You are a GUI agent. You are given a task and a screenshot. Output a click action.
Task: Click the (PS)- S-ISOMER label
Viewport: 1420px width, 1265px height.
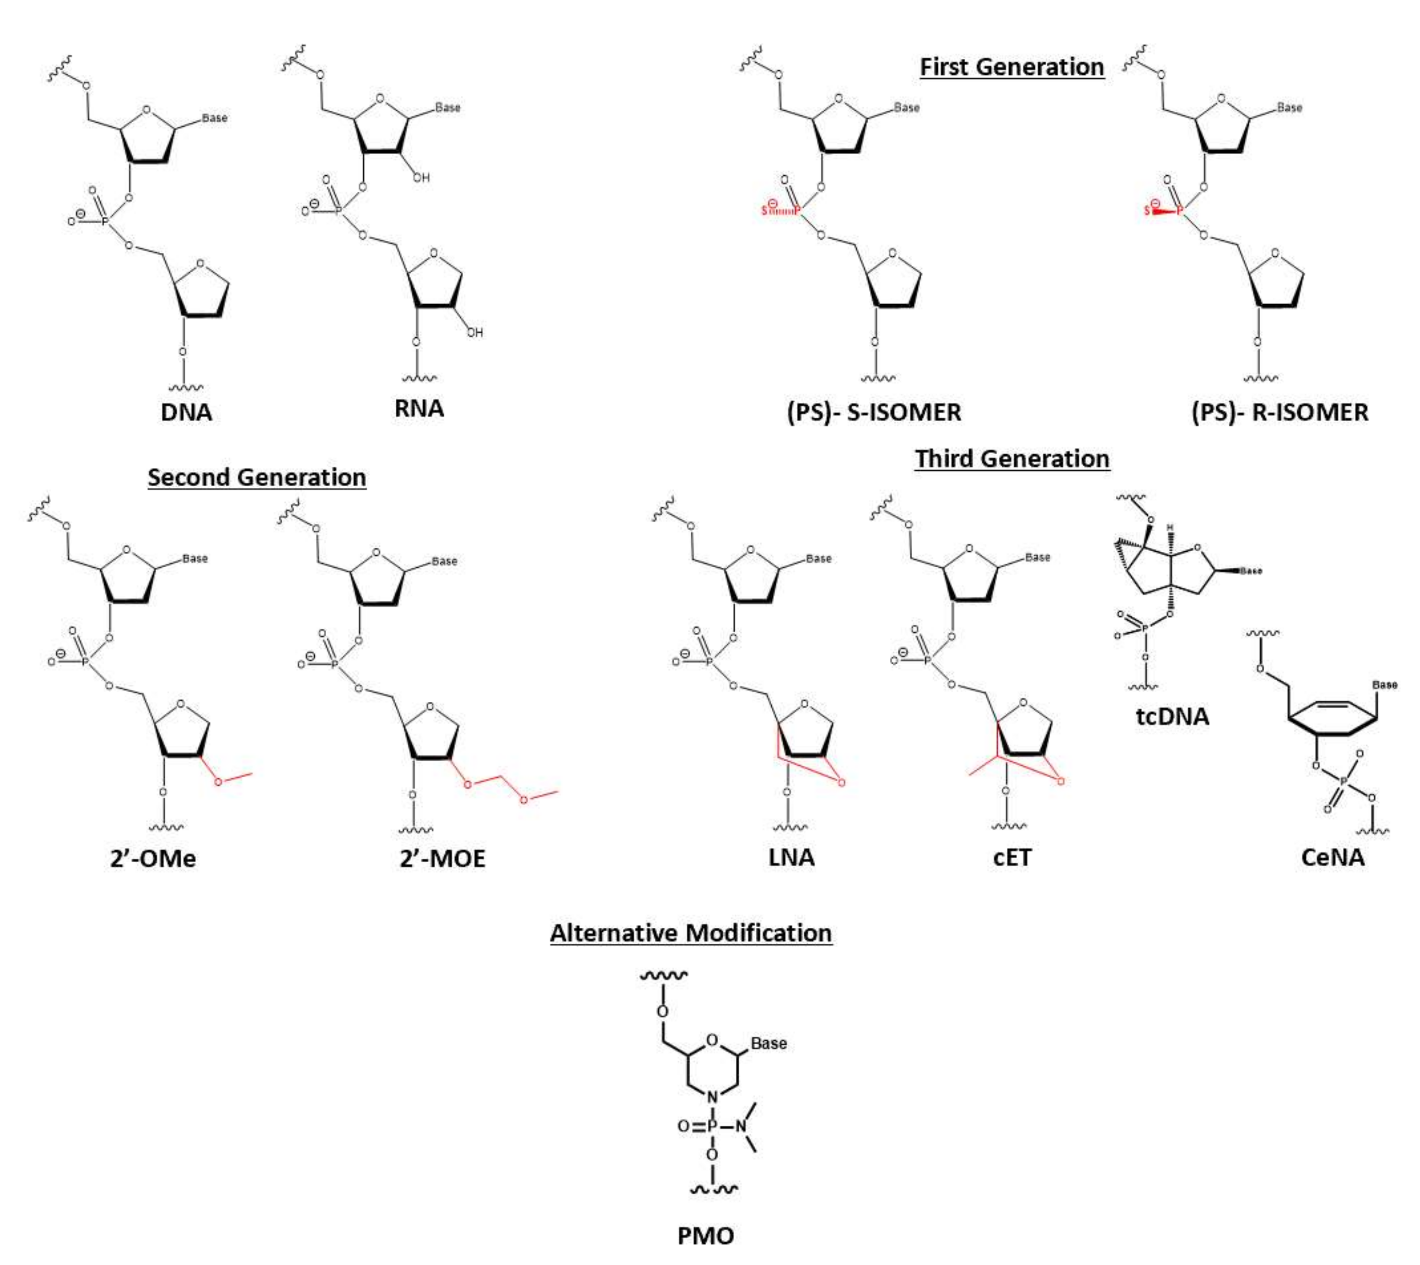[874, 412]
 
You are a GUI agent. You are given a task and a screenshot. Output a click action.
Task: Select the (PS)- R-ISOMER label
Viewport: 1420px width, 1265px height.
[1280, 412]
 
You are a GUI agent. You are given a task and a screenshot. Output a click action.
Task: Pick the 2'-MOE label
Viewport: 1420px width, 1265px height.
[442, 859]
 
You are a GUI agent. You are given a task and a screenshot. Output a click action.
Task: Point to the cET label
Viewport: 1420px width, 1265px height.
[1012, 857]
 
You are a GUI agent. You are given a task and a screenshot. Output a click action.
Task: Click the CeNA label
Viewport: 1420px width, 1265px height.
[1332, 857]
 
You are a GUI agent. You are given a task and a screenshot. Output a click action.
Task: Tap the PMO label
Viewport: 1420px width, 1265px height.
[706, 1236]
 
